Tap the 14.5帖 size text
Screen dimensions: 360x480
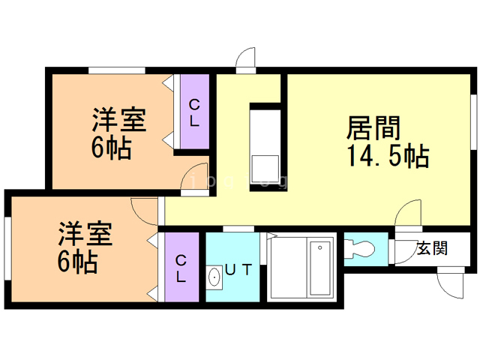point(387,157)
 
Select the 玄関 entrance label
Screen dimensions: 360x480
point(433,249)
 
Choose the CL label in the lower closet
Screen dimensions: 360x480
point(181,268)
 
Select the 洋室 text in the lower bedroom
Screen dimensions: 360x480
point(85,235)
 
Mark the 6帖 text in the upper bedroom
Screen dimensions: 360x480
point(111,148)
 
